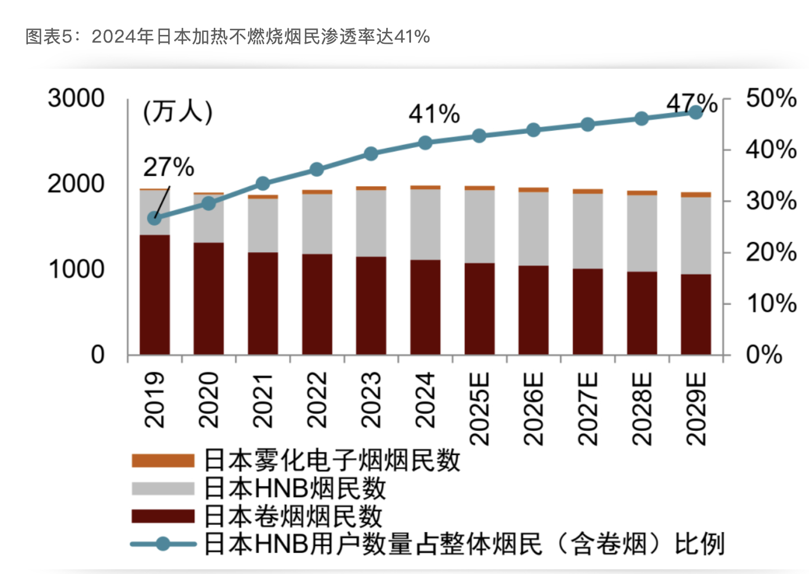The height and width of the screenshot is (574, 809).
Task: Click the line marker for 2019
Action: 155,218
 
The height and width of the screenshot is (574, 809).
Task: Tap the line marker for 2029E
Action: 696,112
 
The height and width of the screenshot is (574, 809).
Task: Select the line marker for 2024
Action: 425,143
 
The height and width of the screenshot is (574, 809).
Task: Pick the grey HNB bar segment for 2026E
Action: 534,228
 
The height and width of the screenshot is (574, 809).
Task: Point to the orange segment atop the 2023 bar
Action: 371,188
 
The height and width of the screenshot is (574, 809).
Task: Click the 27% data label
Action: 168,167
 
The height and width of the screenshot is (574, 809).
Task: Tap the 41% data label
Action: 434,114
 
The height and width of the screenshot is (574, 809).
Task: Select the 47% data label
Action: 692,104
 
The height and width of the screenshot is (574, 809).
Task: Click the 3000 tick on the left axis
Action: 76,98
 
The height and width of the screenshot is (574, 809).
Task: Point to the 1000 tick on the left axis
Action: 76,270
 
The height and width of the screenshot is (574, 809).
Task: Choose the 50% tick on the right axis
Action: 771,98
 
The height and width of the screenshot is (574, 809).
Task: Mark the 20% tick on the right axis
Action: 771,253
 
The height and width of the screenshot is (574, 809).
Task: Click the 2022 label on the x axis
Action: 317,399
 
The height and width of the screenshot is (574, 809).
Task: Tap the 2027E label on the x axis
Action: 588,408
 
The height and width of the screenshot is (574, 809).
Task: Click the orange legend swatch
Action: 163,460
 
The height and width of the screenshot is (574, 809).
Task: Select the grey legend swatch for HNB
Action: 163,488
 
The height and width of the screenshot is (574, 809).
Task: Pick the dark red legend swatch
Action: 163,516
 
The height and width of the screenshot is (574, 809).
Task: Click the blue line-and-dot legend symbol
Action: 163,544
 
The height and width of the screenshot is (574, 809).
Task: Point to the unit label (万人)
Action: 178,111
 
